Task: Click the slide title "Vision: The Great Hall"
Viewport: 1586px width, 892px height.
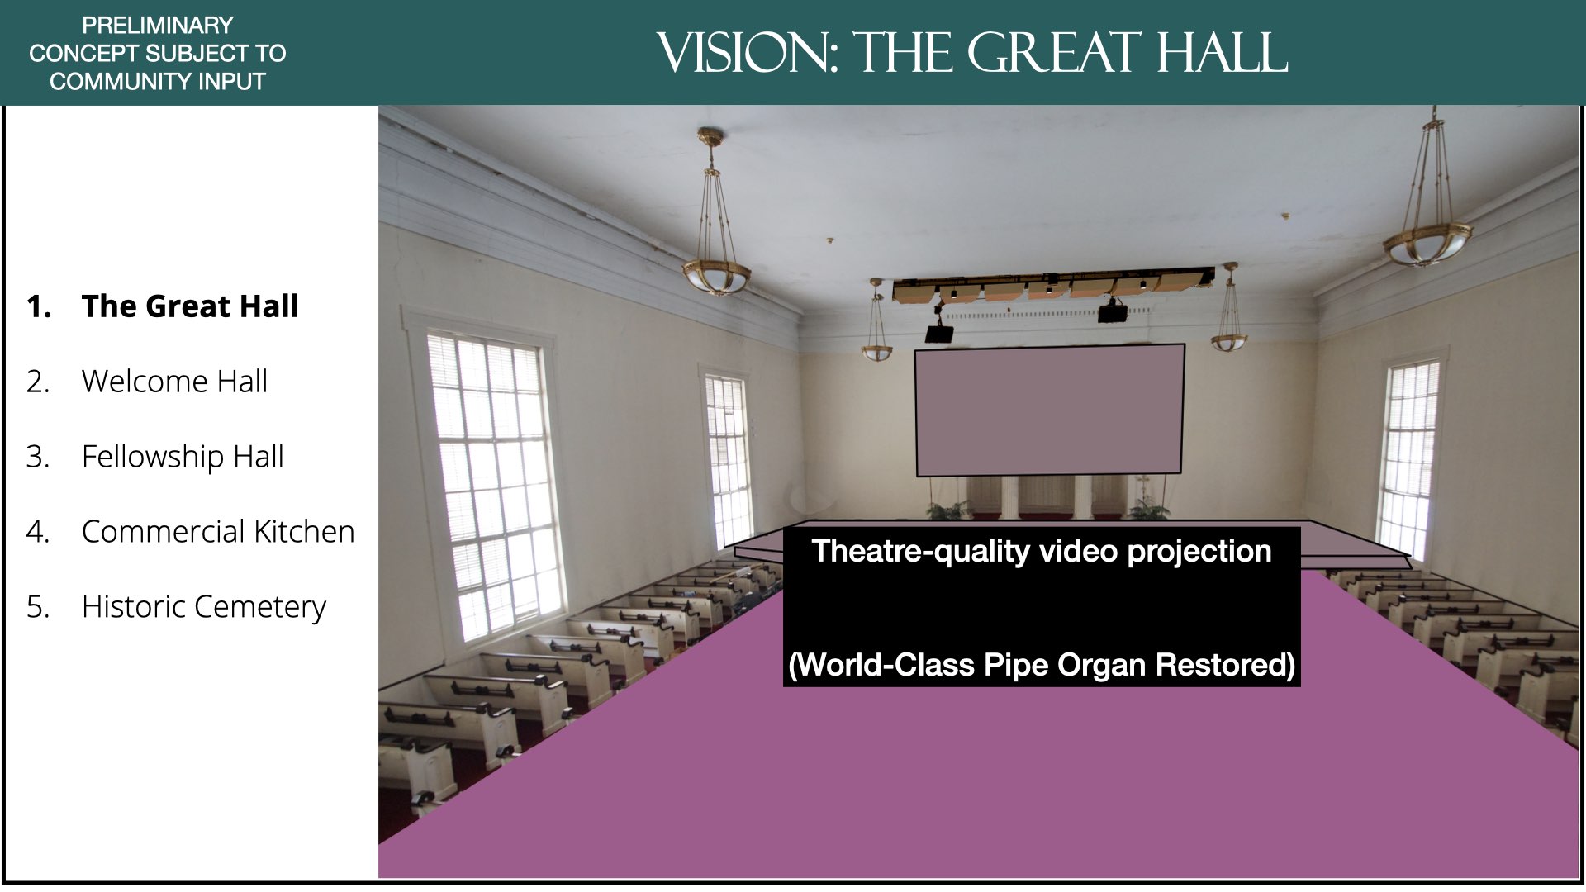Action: coord(972,53)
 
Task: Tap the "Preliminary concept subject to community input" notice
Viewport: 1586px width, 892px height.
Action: coord(157,53)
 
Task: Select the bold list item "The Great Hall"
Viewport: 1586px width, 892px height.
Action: coord(190,306)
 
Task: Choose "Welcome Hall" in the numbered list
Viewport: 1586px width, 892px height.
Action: coord(174,382)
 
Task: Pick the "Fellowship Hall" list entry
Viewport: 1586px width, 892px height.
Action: coord(183,457)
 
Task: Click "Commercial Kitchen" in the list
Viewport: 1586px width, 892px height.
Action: coord(218,532)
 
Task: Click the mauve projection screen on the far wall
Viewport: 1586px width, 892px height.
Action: coord(1050,410)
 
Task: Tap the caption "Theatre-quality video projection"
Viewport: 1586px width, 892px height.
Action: coord(1042,552)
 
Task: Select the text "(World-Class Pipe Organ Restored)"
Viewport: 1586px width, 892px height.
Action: coord(1042,665)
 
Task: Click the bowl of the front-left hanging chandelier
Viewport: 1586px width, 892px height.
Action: coord(716,276)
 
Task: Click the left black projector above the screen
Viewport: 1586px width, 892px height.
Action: coord(939,333)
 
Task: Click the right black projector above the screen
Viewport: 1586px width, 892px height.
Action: coord(1113,312)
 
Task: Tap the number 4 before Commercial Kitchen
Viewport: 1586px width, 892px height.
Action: coord(38,532)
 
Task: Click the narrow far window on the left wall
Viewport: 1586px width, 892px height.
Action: coord(728,459)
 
